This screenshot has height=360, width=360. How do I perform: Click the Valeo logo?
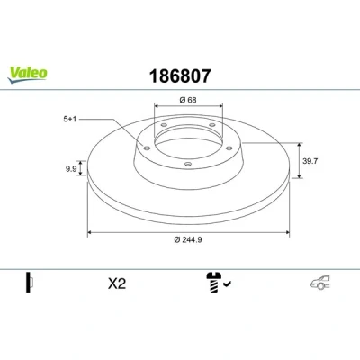coord(27,75)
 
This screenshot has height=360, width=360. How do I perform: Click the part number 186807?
coord(180,76)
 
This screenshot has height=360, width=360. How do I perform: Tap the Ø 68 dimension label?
coord(188,100)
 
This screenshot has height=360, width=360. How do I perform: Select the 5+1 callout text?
coord(70,119)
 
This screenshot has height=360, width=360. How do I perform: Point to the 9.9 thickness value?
coord(71,169)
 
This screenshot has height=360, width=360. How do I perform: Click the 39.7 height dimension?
coord(310,161)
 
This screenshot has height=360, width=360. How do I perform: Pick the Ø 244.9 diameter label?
coord(188,239)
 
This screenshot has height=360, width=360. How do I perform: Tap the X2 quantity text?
coord(117,283)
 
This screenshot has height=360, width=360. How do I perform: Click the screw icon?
coord(213,283)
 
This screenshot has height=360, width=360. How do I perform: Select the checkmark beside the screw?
coord(227,283)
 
